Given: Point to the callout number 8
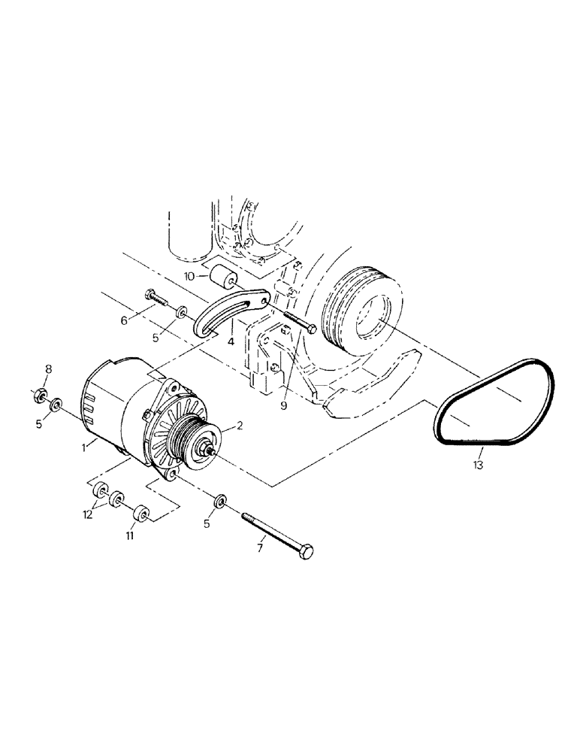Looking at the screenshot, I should (49, 368).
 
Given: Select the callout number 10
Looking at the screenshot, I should (191, 277).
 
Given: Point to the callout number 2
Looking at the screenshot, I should (239, 426).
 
